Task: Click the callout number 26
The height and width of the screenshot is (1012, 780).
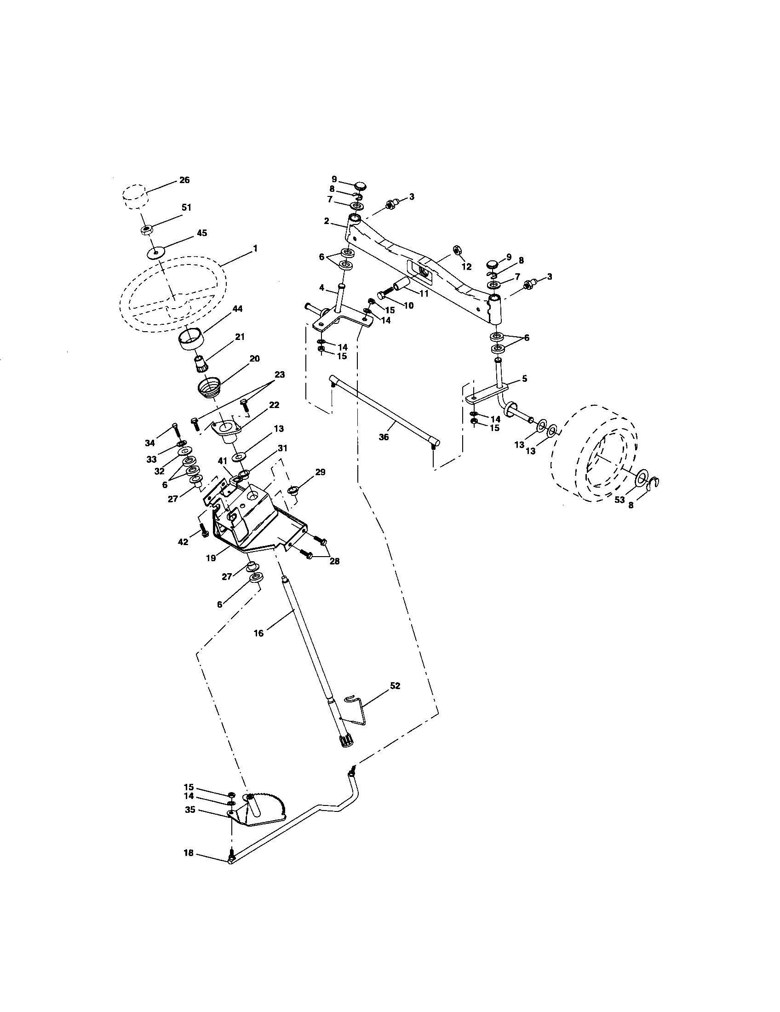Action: tap(184, 180)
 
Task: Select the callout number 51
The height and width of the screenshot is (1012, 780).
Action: tap(186, 208)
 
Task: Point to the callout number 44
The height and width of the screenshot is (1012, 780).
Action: tap(237, 309)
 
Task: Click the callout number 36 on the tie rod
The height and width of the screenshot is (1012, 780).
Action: tap(384, 437)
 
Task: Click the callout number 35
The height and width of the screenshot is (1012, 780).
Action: tap(189, 810)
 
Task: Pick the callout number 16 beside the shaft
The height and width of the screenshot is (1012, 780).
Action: tap(258, 633)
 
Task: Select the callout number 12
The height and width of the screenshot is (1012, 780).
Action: tap(466, 267)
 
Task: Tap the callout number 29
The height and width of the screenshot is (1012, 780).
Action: tap(320, 472)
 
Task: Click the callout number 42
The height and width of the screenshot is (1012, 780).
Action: tap(183, 542)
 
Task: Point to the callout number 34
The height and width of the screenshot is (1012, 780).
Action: tap(149, 443)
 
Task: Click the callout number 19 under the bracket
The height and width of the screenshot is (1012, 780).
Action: tap(211, 558)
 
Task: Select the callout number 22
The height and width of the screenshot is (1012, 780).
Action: tap(274, 404)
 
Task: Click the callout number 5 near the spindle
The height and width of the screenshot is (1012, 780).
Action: tap(524, 379)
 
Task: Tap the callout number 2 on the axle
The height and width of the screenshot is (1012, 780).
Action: tap(327, 222)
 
